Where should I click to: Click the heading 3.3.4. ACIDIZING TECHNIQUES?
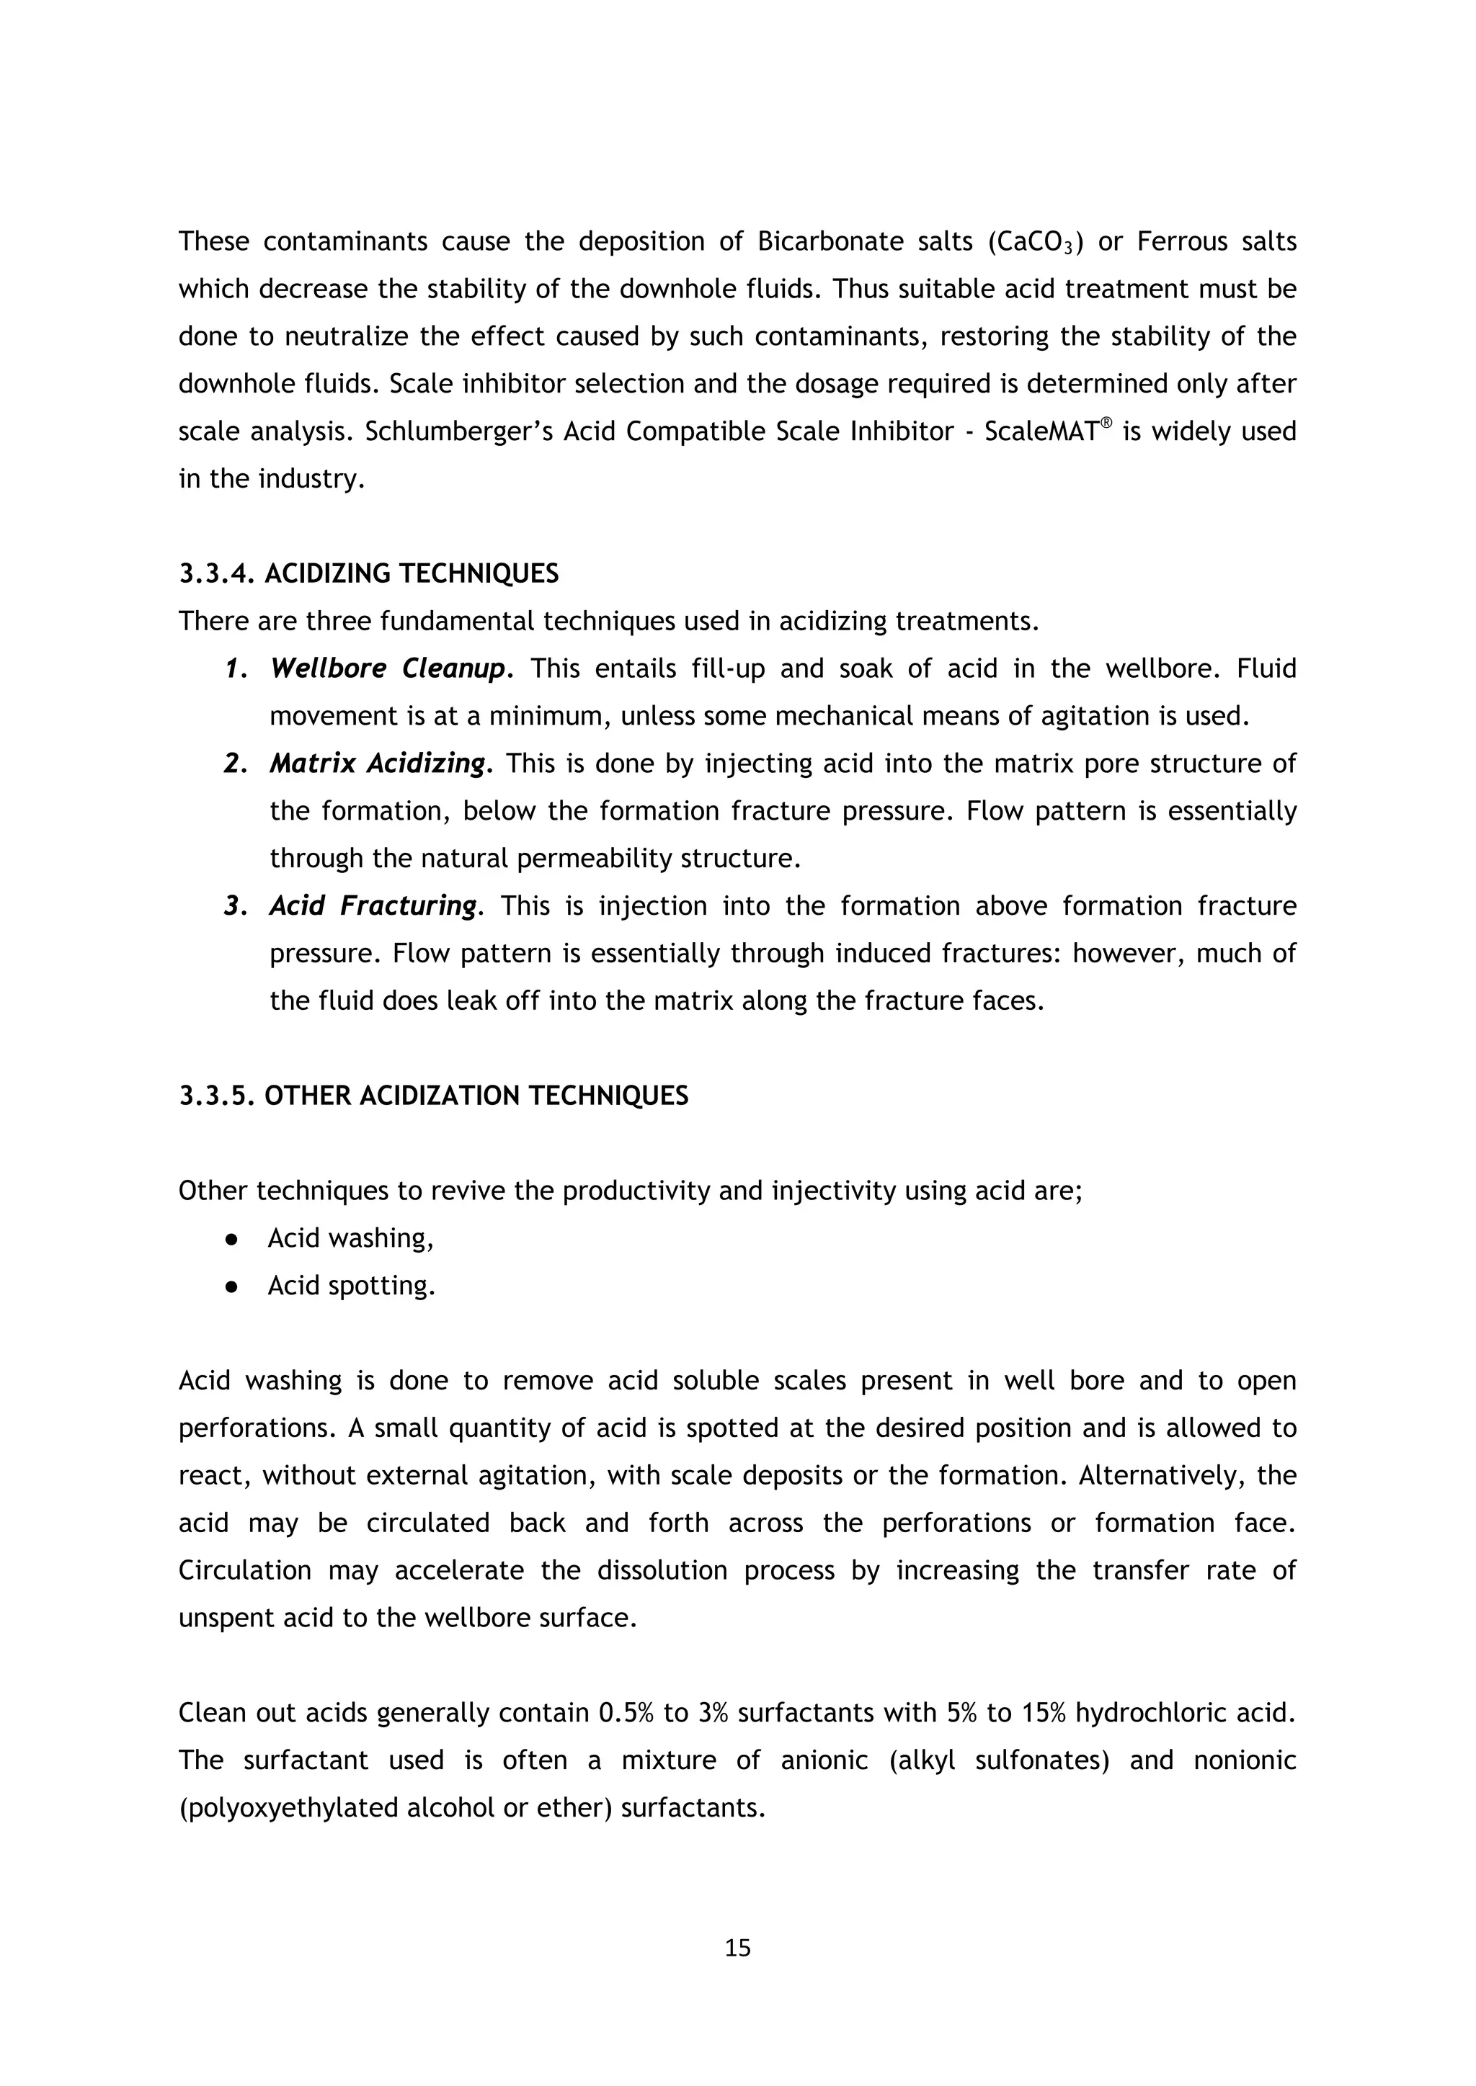(x=368, y=574)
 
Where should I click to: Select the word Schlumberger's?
(x=459, y=431)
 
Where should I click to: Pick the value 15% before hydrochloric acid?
(x=1044, y=1714)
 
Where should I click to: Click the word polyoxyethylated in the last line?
(x=290, y=1808)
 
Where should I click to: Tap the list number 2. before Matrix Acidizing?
(x=236, y=764)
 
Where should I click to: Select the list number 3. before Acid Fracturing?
(x=236, y=907)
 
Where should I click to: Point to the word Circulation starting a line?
(x=244, y=1571)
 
